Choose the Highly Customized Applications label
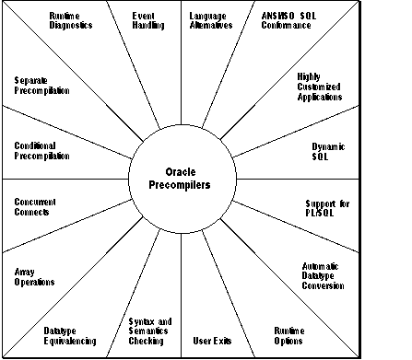(320, 87)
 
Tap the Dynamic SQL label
(327, 150)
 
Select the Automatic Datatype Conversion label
(324, 276)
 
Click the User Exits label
(212, 341)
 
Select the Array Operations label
(36, 276)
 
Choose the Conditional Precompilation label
(42, 150)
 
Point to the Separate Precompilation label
(42, 87)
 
